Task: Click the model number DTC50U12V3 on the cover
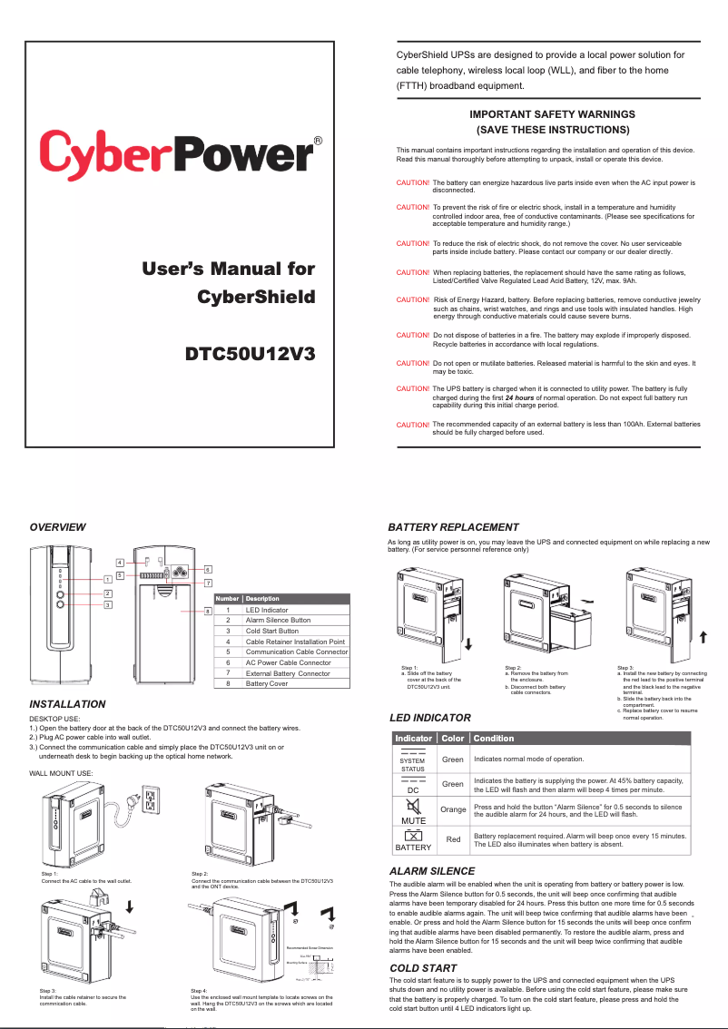pos(250,353)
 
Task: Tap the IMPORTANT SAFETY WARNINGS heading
pos(552,114)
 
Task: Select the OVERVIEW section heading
pos(58,527)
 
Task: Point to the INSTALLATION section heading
pos(68,704)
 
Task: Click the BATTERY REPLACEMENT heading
pos(453,527)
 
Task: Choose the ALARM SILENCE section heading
pos(431,871)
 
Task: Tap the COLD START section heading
pos(422,968)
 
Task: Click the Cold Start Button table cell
pos(272,631)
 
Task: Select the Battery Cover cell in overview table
pos(267,684)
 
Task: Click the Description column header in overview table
pos(263,599)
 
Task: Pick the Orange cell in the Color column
pos(453,808)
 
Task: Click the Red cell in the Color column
pos(453,839)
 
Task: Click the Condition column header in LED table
pos(494,738)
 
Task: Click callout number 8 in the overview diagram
pos(207,612)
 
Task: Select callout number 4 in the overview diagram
pos(120,563)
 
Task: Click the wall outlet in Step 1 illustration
pos(151,799)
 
